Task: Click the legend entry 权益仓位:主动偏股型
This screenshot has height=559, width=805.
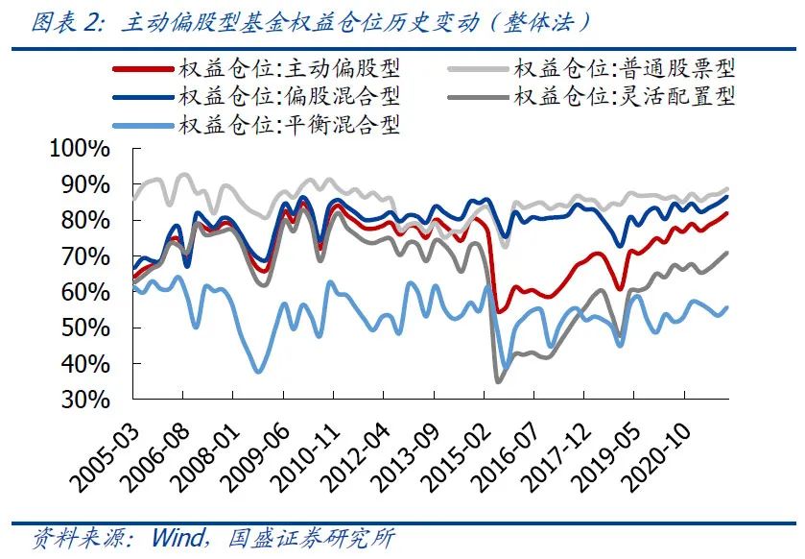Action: point(289,68)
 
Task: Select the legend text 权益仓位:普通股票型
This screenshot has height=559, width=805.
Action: point(625,68)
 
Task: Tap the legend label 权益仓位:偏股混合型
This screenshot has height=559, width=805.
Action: point(289,96)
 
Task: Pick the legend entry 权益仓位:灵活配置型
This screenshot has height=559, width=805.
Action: point(625,96)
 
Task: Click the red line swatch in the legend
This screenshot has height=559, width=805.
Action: point(141,69)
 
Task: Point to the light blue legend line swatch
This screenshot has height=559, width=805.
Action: point(141,125)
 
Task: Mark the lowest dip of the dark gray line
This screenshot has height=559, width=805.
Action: point(498,381)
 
